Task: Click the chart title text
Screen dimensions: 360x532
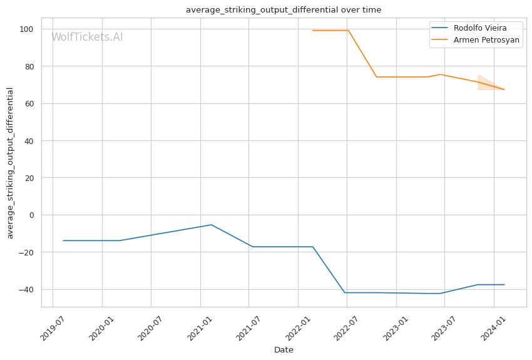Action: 284,10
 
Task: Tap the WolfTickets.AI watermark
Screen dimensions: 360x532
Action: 87,37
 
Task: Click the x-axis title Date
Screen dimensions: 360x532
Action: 284,350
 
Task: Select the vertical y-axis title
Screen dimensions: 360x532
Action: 10,163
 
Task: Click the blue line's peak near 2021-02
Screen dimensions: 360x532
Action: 212,225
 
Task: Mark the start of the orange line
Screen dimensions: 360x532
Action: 313,31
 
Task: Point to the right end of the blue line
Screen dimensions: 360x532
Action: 504,285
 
